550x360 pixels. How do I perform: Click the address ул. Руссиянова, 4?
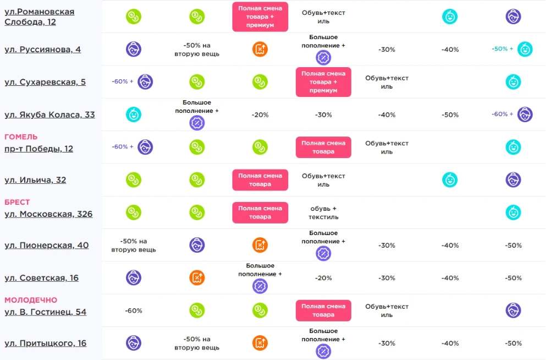[42, 50]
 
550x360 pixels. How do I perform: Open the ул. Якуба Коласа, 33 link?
[50, 115]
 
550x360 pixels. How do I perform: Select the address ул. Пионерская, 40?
[46, 245]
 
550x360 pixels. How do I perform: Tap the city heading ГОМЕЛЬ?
[21, 137]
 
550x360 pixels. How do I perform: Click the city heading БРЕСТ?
[17, 202]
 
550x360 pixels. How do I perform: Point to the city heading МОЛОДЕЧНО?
[31, 300]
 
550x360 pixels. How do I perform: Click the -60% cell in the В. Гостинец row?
[134, 310]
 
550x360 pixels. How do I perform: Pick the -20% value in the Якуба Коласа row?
[260, 115]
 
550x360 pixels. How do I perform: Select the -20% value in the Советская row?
[323, 278]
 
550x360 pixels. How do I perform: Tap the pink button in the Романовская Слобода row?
[260, 17]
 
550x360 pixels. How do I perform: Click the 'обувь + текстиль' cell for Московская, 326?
[323, 212]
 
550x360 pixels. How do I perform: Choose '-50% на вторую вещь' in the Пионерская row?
[134, 245]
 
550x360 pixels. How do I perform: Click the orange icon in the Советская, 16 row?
[197, 278]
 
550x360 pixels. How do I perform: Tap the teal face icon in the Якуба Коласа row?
[134, 114]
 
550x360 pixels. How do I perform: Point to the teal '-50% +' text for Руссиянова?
[502, 49]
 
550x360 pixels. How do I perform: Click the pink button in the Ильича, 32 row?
[260, 180]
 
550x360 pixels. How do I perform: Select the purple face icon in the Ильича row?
[513, 180]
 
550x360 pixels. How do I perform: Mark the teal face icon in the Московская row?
[513, 212]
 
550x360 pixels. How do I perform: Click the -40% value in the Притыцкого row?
[450, 343]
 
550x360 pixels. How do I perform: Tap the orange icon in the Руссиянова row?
[260, 49]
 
